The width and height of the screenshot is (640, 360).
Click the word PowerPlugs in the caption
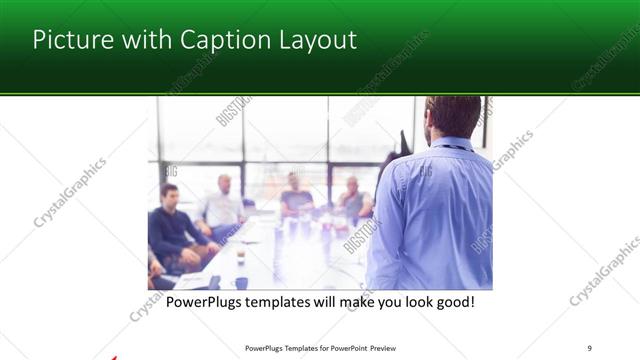click(x=206, y=302)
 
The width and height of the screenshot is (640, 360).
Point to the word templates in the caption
click(x=283, y=302)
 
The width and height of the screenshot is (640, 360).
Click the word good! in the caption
click(x=453, y=302)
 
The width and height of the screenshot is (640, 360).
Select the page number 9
click(x=589, y=347)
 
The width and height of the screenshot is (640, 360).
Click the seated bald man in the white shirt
click(x=222, y=206)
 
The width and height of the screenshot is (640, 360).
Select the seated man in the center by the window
click(x=296, y=194)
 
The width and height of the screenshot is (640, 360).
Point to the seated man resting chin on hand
click(x=353, y=198)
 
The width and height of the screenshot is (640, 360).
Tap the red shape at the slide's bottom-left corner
click(x=113, y=356)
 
